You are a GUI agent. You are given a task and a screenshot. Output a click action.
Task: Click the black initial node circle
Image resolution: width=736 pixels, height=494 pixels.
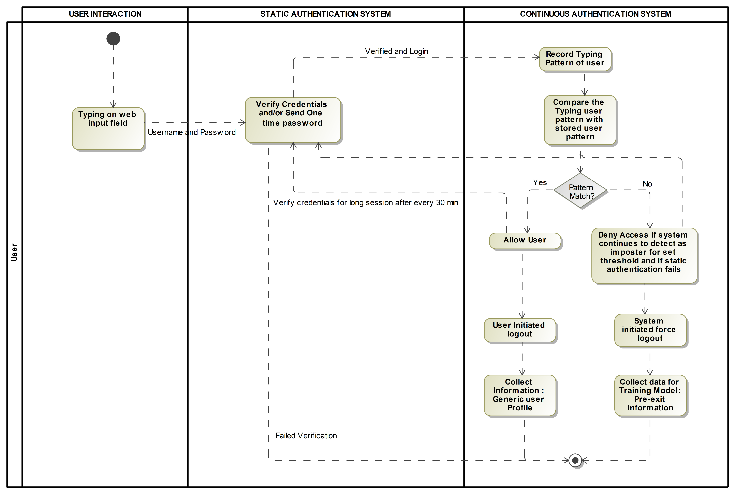point(113,39)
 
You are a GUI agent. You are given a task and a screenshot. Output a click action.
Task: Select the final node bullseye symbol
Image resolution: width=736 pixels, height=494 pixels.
point(575,460)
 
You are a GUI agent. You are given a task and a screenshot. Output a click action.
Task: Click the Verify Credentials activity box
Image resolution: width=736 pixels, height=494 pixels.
point(293,120)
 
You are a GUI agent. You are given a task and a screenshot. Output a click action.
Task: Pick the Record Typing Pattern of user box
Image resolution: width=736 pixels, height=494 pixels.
point(575,59)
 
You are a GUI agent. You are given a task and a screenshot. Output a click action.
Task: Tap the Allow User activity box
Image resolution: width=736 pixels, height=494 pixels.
point(525,241)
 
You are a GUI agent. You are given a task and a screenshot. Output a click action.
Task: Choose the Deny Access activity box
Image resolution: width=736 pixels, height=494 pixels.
point(644,255)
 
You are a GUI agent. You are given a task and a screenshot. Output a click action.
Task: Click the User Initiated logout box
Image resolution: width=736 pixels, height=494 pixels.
point(520,330)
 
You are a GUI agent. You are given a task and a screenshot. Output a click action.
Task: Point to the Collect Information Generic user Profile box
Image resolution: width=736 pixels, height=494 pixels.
point(520,395)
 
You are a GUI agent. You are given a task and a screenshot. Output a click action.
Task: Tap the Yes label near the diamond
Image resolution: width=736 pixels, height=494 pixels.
point(540,182)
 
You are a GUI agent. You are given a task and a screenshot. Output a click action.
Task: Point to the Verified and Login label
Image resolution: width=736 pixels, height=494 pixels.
point(396,51)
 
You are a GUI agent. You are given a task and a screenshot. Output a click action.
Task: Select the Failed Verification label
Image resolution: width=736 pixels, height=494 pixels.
point(306,435)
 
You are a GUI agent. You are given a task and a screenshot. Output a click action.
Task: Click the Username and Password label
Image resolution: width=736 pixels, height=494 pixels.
point(192,132)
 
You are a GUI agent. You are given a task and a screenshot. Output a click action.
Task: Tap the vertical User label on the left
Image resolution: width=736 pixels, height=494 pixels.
point(14,252)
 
